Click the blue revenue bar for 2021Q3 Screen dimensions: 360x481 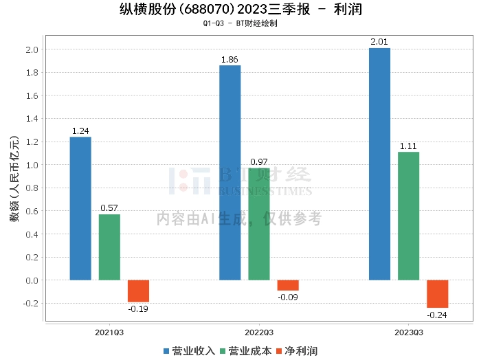tap(80, 208)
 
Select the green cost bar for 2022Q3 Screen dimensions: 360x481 tap(259, 224)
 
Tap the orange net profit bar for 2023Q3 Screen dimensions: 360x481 tap(437, 293)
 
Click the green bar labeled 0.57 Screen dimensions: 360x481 tap(109, 247)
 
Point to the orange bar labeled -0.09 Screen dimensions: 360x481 tap(288, 285)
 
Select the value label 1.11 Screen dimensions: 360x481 tap(408, 146)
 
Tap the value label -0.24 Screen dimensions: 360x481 tap(437, 315)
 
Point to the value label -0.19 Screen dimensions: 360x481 tap(138, 309)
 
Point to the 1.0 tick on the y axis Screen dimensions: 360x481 tap(32, 165)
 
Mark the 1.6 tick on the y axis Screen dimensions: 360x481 tap(32, 95)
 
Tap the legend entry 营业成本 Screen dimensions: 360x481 tap(245, 351)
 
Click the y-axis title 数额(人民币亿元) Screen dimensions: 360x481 tap(14, 183)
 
